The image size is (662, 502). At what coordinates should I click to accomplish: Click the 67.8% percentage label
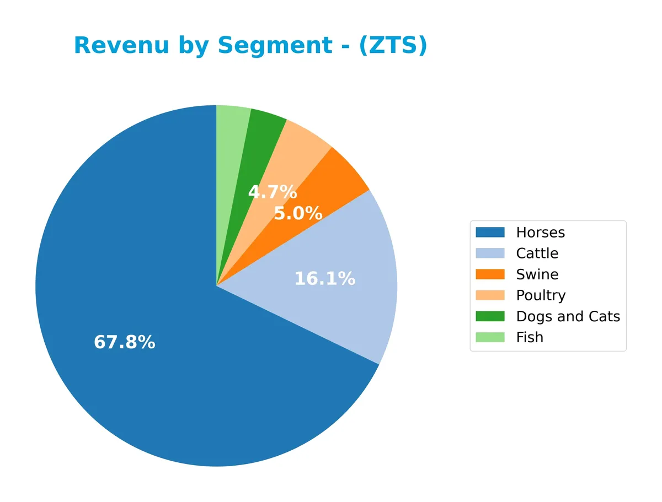click(125, 342)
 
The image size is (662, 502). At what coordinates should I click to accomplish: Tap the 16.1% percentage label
click(324, 279)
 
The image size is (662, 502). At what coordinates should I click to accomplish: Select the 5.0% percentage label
click(298, 213)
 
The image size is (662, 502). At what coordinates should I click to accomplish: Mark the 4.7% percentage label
click(273, 192)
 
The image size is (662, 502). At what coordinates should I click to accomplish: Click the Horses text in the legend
click(540, 233)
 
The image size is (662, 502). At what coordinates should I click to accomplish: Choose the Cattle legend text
click(537, 253)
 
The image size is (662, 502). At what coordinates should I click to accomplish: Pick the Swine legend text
click(537, 274)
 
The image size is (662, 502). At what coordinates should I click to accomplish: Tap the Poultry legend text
click(541, 295)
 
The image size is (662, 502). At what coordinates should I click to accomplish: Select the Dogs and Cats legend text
click(568, 316)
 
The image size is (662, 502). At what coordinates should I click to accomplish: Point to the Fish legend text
click(530, 337)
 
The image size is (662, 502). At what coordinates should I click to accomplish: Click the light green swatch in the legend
click(490, 337)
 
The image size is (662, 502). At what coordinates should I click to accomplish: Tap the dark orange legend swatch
click(490, 274)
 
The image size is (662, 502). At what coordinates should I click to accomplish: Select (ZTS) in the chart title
click(393, 45)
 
